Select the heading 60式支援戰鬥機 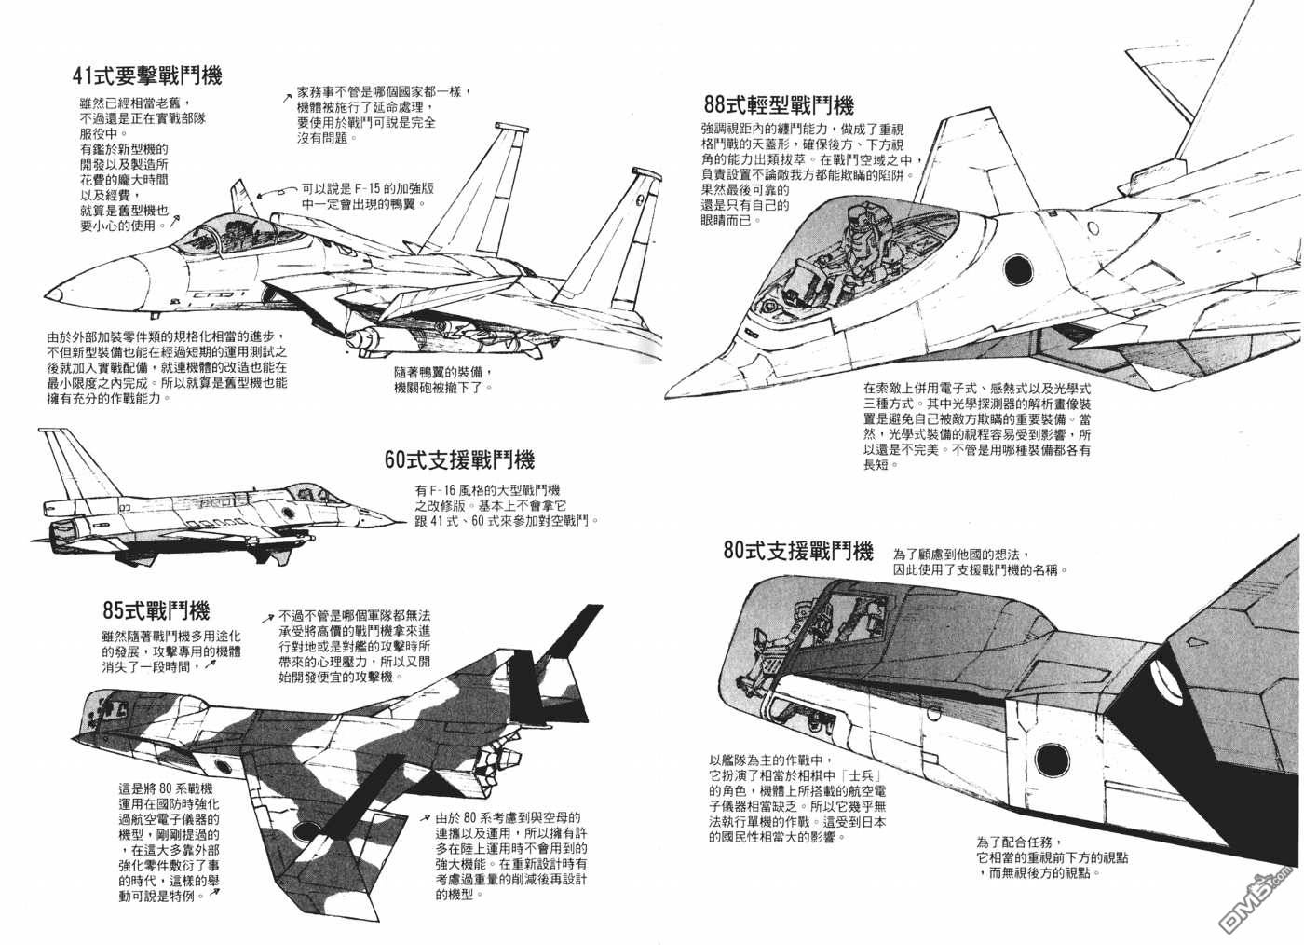coord(460,459)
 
